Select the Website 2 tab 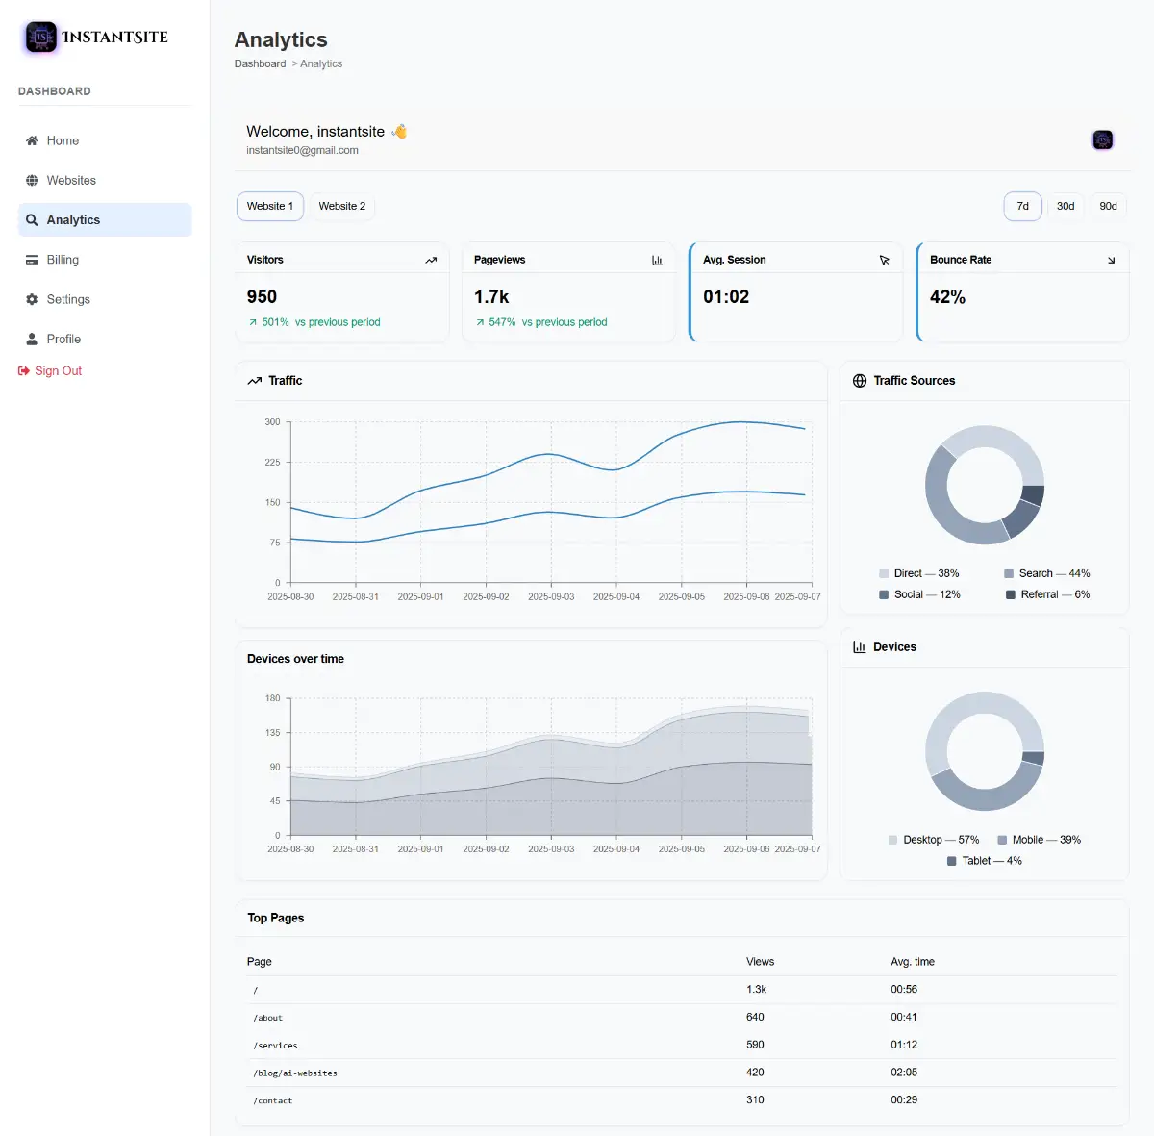pos(342,206)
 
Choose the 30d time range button pos(1065,206)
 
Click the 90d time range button pos(1108,206)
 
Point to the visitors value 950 pos(262,296)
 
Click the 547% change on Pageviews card pos(502,322)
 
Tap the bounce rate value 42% pos(947,296)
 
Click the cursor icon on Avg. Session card pos(884,260)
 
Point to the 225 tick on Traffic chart pos(272,462)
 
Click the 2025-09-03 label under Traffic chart pos(551,596)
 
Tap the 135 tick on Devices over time pos(272,732)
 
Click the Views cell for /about pos(755,1017)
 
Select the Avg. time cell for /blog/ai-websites pos(904,1072)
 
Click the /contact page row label pos(272,1100)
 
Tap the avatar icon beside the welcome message pos(1102,139)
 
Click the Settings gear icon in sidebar pos(32,299)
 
